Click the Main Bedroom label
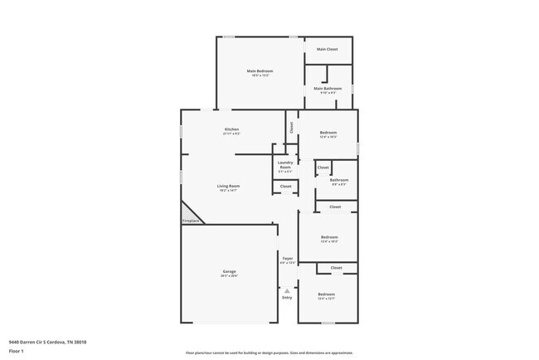coord(260,71)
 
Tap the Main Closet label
coord(328,49)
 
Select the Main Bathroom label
coord(328,88)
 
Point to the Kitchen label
coord(231,129)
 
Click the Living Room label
coord(228,186)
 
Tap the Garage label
coord(229,271)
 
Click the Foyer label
coord(288,258)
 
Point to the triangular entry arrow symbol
coord(287,291)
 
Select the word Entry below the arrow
coord(287,297)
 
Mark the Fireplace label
coord(191,221)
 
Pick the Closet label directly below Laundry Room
coord(285,187)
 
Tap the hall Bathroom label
coord(338,180)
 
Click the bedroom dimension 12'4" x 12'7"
coord(327,299)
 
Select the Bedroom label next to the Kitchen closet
coord(328,133)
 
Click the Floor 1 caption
coord(15,351)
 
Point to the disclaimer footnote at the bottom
coord(269,353)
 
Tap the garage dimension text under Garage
coord(229,276)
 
